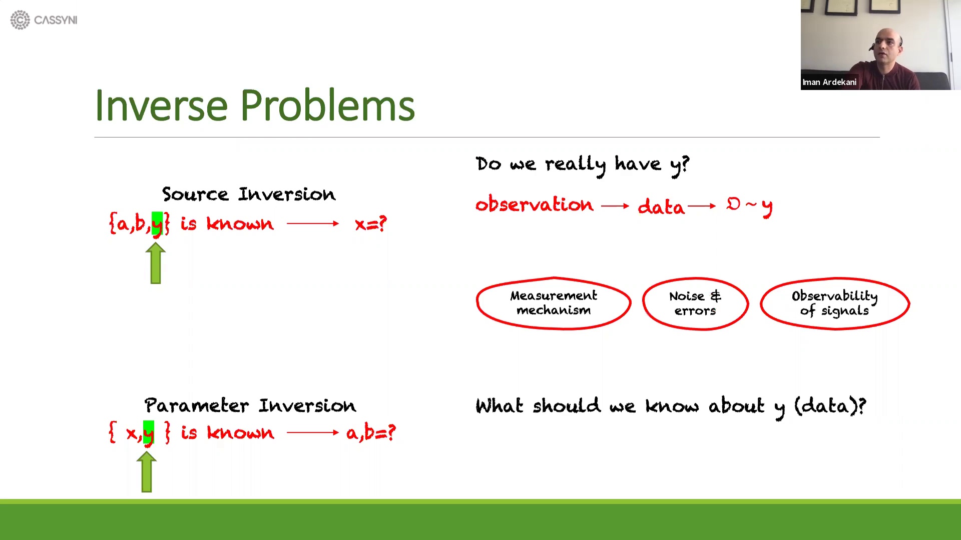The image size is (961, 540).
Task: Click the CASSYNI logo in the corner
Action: tap(44, 20)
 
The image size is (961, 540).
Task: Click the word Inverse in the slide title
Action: tap(161, 105)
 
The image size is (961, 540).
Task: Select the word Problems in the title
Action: tap(327, 105)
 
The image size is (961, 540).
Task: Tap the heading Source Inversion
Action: tap(248, 194)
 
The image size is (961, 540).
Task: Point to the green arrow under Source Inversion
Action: tap(156, 263)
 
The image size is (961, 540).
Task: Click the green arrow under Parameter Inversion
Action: tap(147, 472)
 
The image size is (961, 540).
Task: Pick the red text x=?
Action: tap(370, 223)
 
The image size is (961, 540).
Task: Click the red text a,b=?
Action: tap(370, 432)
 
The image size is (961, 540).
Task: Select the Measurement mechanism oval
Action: tap(553, 303)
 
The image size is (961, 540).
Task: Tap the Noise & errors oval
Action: tap(695, 303)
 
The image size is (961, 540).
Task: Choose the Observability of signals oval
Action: tap(834, 303)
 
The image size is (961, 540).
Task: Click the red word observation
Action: tap(534, 204)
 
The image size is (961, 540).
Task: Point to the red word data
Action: tap(661, 206)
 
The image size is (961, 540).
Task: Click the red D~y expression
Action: tap(749, 205)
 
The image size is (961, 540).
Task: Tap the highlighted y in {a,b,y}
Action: tap(157, 223)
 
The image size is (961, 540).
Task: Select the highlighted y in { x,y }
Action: tap(149, 432)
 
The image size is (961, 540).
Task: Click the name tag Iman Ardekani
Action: tap(829, 82)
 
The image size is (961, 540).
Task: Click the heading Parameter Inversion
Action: tap(250, 405)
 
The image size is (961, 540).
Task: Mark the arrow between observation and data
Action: tap(615, 206)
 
